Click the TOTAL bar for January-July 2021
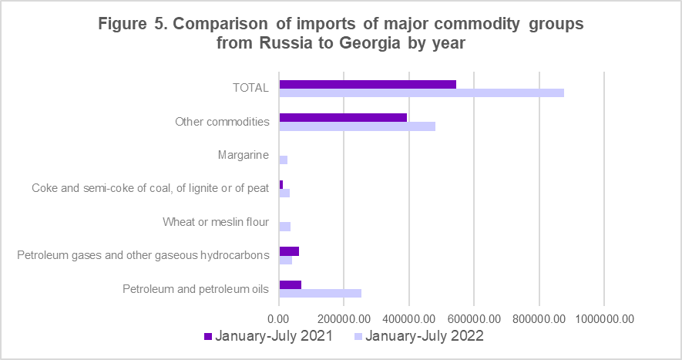pyautogui.click(x=368, y=84)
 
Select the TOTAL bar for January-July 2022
pyautogui.click(x=422, y=93)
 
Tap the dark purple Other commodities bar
pyautogui.click(x=343, y=117)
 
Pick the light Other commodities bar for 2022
pyautogui.click(x=357, y=126)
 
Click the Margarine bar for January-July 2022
pyautogui.click(x=284, y=160)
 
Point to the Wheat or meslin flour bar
pyautogui.click(x=285, y=227)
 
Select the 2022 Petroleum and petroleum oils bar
pyautogui.click(x=320, y=293)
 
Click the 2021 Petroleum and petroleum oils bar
pyautogui.click(x=291, y=284)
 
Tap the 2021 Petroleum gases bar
pyautogui.click(x=289, y=251)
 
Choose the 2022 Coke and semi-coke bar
pyautogui.click(x=284, y=193)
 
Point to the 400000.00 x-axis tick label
pyautogui.click(x=409, y=318)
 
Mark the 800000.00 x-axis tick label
pyautogui.click(x=539, y=318)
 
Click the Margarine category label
pyautogui.click(x=244, y=155)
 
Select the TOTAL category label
pyautogui.click(x=250, y=88)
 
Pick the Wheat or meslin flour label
pyautogui.click(x=216, y=222)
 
